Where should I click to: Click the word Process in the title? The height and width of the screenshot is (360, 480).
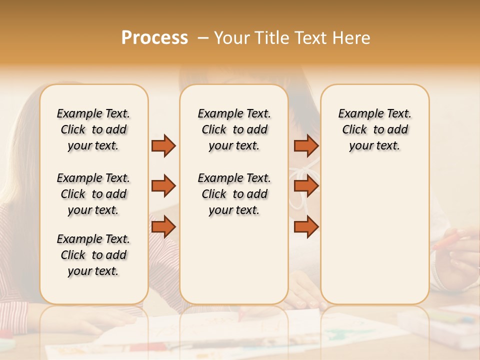(x=154, y=38)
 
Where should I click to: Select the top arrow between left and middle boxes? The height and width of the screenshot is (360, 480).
(x=163, y=145)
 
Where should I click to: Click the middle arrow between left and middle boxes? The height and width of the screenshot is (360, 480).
(x=163, y=186)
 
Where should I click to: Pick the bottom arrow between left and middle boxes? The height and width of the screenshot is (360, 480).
(x=163, y=227)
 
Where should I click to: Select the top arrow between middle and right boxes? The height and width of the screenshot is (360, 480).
(x=306, y=145)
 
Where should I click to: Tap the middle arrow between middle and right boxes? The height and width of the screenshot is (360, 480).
(x=306, y=186)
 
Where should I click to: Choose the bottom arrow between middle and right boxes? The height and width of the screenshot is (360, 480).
(x=306, y=227)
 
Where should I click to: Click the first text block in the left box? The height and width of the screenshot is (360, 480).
(x=93, y=129)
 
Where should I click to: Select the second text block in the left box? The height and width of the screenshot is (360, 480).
(x=93, y=194)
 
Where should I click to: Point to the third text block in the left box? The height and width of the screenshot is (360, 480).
(x=93, y=255)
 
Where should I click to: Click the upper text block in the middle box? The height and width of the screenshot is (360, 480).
(x=234, y=129)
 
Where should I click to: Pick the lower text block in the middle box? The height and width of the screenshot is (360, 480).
(x=234, y=194)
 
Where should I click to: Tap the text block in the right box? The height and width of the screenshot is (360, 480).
(x=374, y=129)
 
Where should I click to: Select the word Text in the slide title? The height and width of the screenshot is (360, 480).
(x=310, y=38)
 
